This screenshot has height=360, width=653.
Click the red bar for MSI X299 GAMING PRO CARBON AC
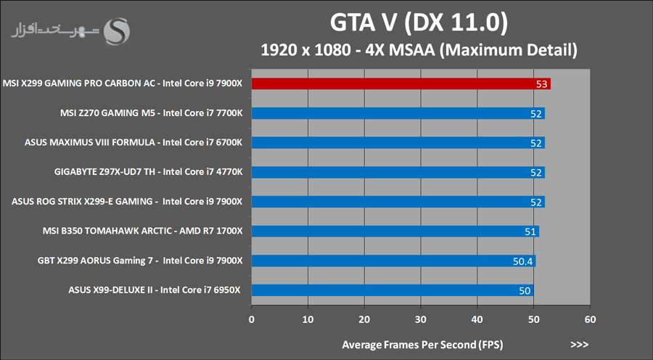pos(399,83)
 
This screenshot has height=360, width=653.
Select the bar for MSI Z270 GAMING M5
pos(398,113)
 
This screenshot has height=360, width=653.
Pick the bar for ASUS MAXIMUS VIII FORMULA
pos(398,143)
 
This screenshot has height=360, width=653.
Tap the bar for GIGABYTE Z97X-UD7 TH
pos(398,172)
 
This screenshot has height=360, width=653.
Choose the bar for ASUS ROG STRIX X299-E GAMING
pos(398,202)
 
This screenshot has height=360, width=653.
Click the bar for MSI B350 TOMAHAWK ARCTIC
pos(395,232)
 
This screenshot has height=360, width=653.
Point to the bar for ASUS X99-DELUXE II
pos(392,290)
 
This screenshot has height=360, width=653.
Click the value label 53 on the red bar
pos(541,84)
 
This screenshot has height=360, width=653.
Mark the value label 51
pos(530,232)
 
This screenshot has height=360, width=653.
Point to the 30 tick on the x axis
pos(421,319)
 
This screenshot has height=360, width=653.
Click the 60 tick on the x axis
pos(590,319)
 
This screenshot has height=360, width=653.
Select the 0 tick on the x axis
pos(252,319)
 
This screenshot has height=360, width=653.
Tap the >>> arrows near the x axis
pos(579,343)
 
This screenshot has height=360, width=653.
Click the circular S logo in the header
pos(118,30)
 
